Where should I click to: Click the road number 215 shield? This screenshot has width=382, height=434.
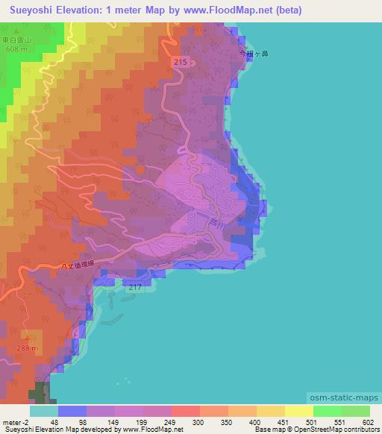[x=178, y=62]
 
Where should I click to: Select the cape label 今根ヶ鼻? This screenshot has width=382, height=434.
[x=251, y=54]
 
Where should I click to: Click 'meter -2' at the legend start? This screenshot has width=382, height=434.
[x=15, y=421]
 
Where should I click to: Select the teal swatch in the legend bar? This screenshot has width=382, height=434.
[x=44, y=411]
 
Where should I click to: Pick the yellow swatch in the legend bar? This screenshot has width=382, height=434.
[x=299, y=411]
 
